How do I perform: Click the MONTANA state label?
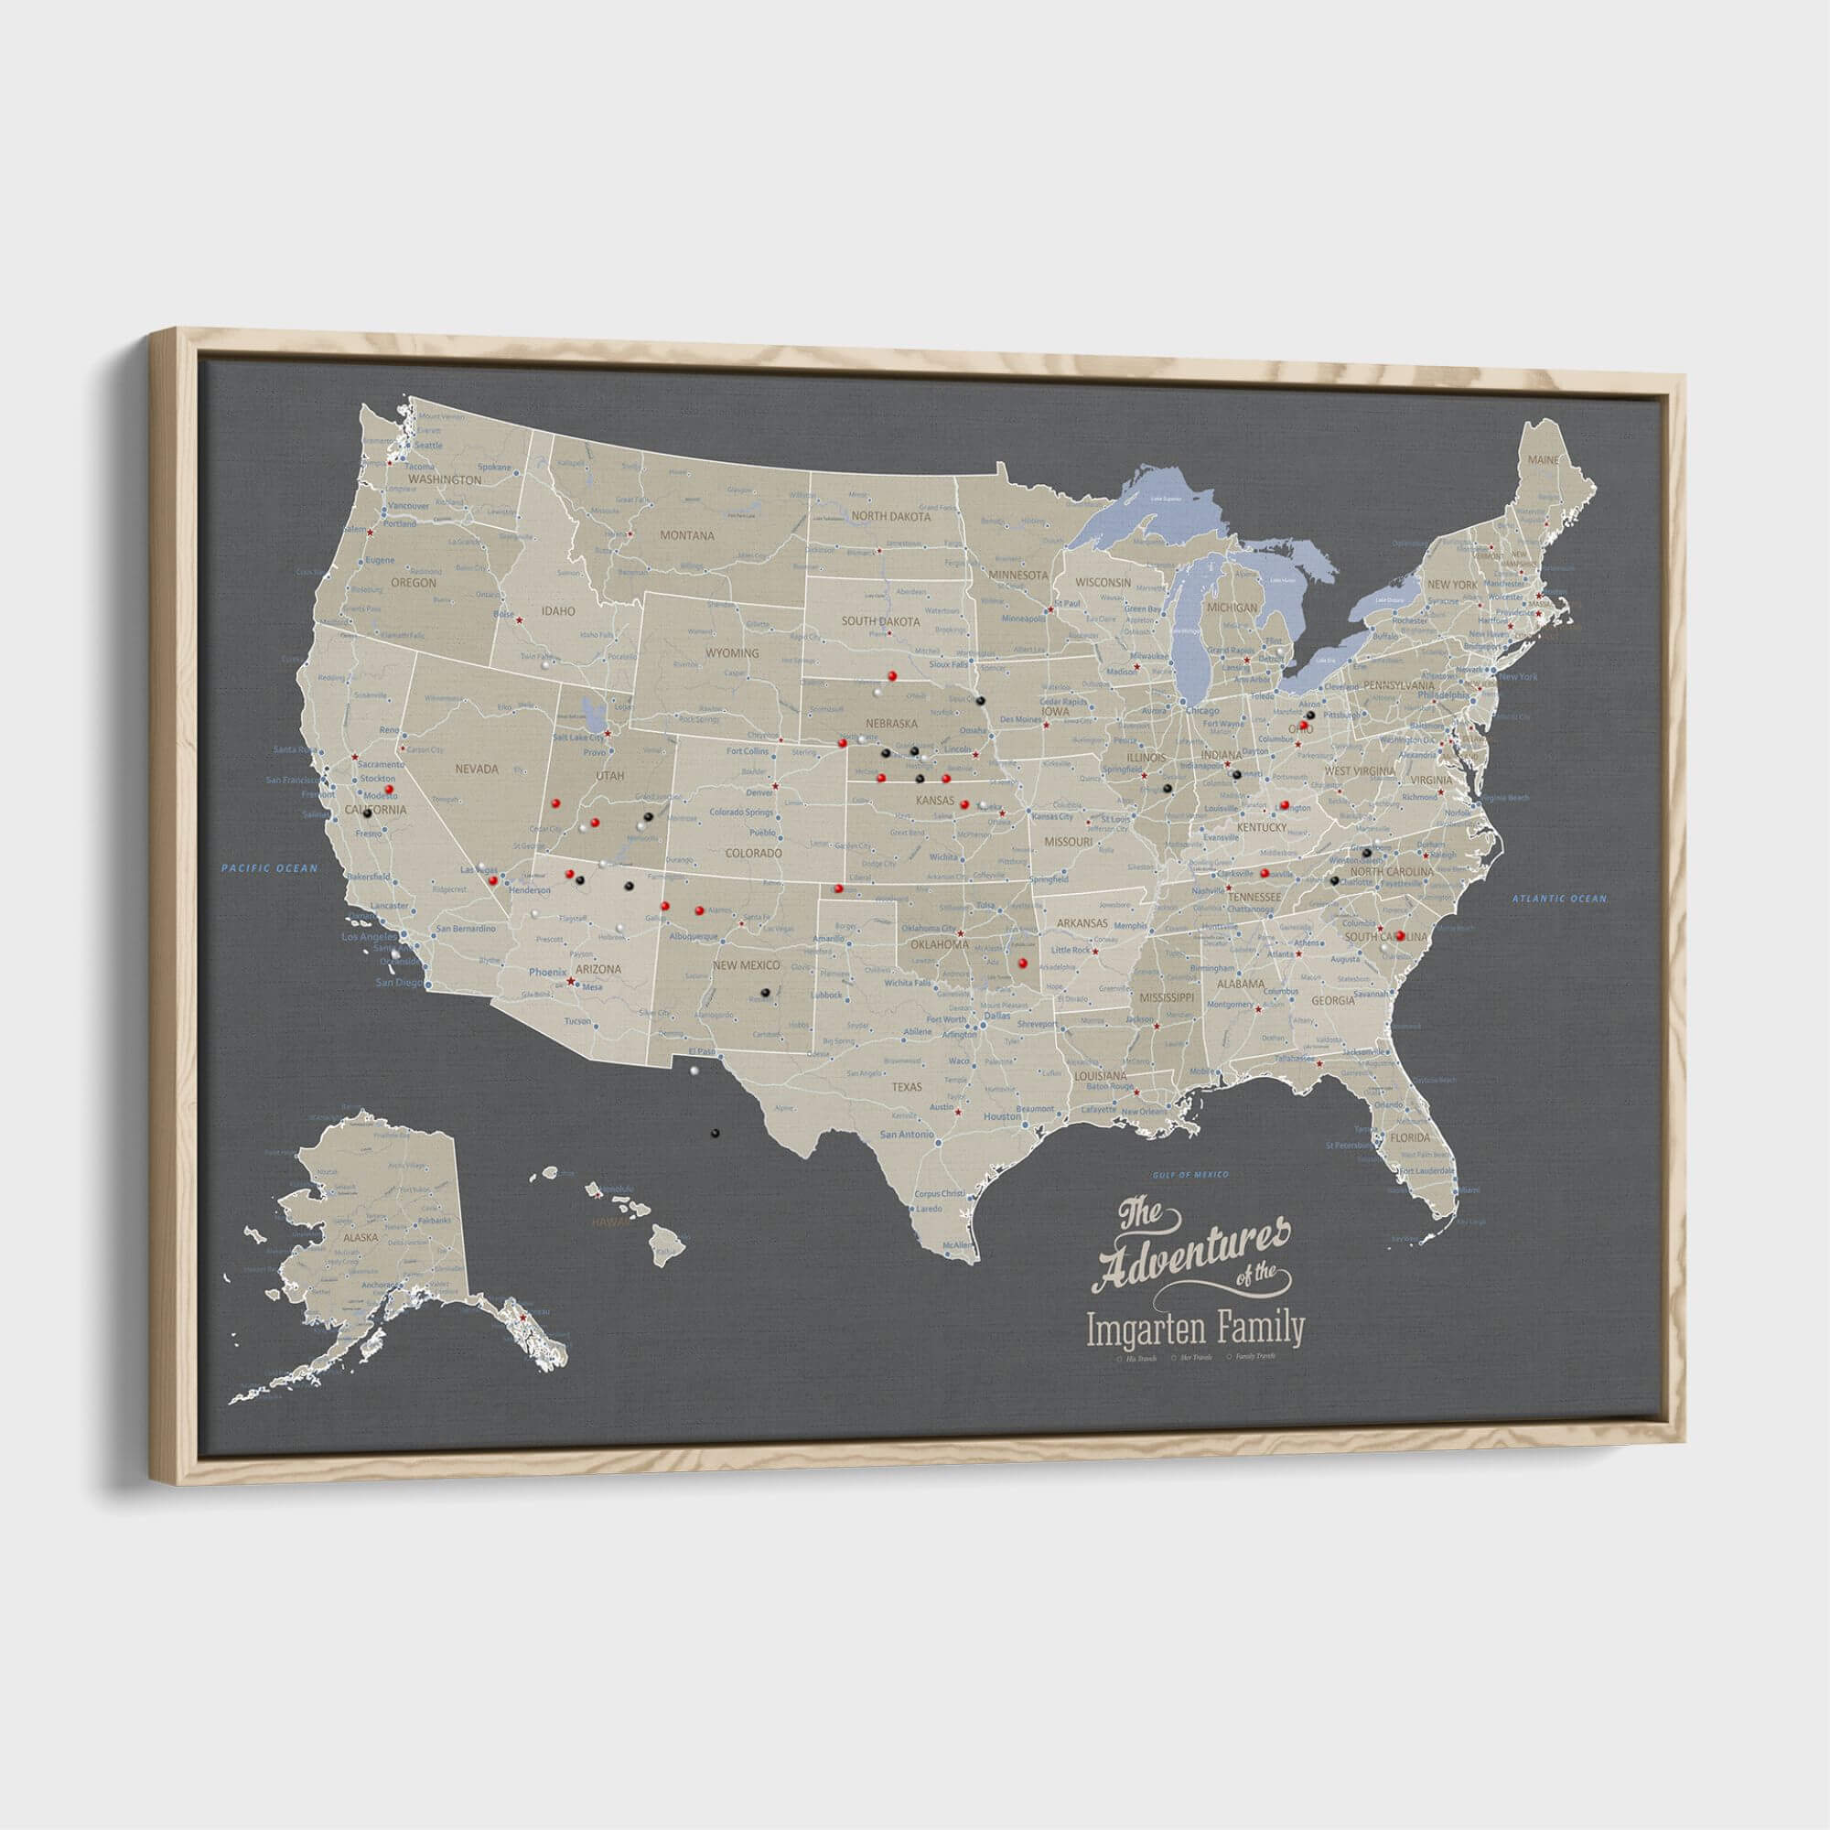[x=687, y=535]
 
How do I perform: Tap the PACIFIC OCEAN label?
[x=270, y=867]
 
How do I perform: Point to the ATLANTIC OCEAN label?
[x=1559, y=899]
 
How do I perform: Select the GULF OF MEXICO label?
[x=1189, y=1176]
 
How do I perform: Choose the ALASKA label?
[x=360, y=1237]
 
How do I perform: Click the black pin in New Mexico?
[x=764, y=993]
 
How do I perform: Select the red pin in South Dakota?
[x=892, y=675]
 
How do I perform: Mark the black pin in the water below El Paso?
[x=716, y=1132]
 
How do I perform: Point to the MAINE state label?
[x=1542, y=460]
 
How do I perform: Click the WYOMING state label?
[x=731, y=653]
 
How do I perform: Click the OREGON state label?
[x=413, y=584]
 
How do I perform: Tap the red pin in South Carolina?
[x=1400, y=936]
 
